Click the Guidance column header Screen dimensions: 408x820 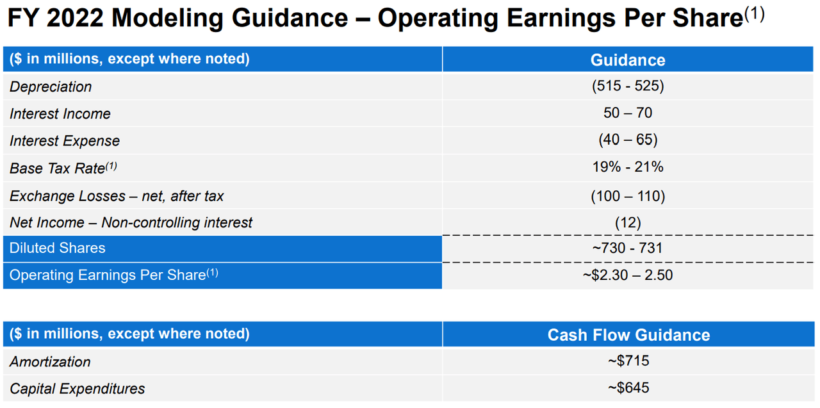(x=628, y=60)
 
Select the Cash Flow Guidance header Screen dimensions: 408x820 (x=628, y=334)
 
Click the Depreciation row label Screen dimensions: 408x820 (x=51, y=86)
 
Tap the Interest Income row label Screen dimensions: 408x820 (x=60, y=114)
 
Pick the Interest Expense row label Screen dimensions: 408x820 (x=65, y=141)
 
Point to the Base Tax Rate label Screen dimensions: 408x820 (x=63, y=168)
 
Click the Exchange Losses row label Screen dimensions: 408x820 (x=117, y=196)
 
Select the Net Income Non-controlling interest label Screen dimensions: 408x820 (x=131, y=223)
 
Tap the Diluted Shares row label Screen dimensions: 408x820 (x=58, y=249)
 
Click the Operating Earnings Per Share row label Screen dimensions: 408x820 (x=113, y=275)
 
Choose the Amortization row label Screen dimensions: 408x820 (x=50, y=362)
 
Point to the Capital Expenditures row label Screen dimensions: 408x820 (x=78, y=389)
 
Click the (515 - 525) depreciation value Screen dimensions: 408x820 (x=628, y=86)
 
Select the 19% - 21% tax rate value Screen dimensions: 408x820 (x=628, y=167)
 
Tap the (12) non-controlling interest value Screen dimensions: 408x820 (x=628, y=222)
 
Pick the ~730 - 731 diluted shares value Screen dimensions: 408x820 (x=628, y=249)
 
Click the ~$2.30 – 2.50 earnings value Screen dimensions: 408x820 (x=628, y=275)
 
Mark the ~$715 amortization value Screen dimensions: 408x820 (x=628, y=361)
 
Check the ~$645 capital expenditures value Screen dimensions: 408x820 (x=628, y=388)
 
